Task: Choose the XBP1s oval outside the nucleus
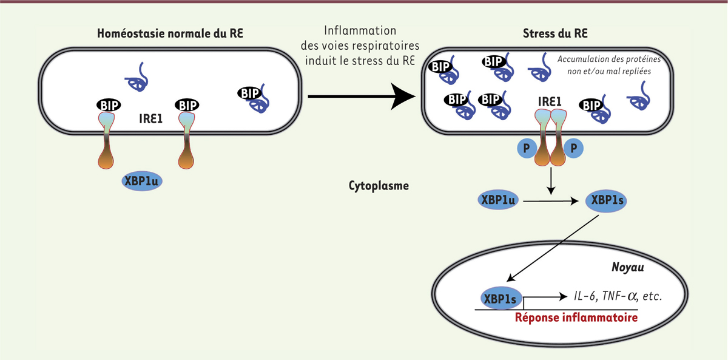[x=605, y=199]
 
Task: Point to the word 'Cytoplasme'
[x=379, y=186]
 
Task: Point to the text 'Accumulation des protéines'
[x=608, y=60]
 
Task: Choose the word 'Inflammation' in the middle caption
[x=360, y=30]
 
